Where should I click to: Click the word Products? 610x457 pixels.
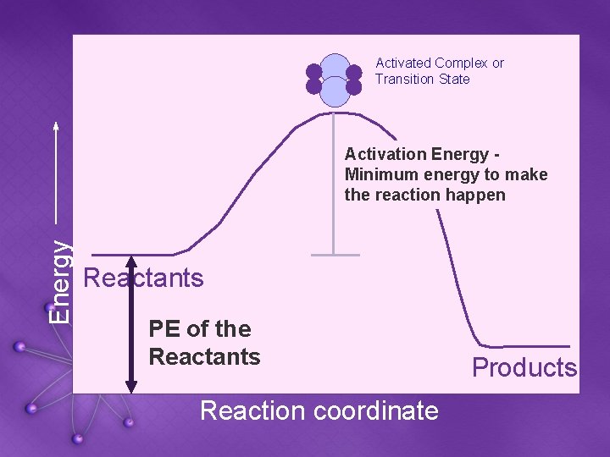(x=524, y=368)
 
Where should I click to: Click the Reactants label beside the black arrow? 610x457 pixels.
(x=144, y=278)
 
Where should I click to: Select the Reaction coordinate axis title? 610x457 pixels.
(x=319, y=411)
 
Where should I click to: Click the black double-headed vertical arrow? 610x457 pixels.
(x=130, y=322)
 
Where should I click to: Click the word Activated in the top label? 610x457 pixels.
(x=403, y=63)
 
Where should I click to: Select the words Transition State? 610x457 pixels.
(x=422, y=80)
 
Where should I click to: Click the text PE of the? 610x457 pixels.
(x=200, y=329)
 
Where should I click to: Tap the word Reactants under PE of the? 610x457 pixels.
(x=204, y=357)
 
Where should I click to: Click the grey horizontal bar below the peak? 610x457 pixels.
(x=334, y=254)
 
